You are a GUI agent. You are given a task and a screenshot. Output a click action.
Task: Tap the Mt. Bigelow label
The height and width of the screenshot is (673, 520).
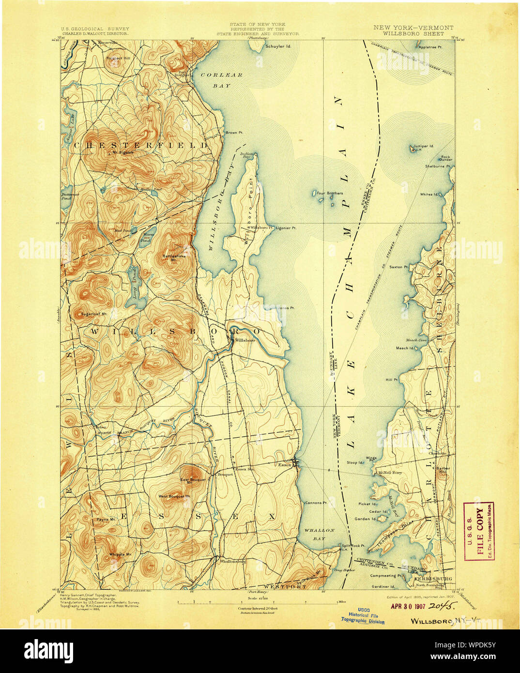pyautogui.click(x=122, y=153)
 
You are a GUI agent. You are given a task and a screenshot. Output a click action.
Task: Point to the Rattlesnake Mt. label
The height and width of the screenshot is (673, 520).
pyautogui.click(x=172, y=257)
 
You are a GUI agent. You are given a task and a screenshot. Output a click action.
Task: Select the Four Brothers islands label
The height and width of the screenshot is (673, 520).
pyautogui.click(x=330, y=193)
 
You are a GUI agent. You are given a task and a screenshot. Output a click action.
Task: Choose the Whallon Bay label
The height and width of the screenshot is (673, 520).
pyautogui.click(x=319, y=534)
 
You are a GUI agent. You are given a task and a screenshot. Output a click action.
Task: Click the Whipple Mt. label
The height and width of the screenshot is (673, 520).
pyautogui.click(x=120, y=554)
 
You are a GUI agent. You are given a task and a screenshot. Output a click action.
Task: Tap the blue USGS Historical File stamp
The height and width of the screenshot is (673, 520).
pyautogui.click(x=363, y=615)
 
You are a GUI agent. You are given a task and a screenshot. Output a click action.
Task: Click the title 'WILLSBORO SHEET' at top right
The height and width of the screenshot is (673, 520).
pyautogui.click(x=413, y=34)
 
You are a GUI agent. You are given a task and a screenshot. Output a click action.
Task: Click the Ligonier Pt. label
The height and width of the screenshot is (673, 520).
pyautogui.click(x=286, y=227)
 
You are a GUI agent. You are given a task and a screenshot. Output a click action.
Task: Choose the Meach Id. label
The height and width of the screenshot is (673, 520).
pyautogui.click(x=405, y=348)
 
